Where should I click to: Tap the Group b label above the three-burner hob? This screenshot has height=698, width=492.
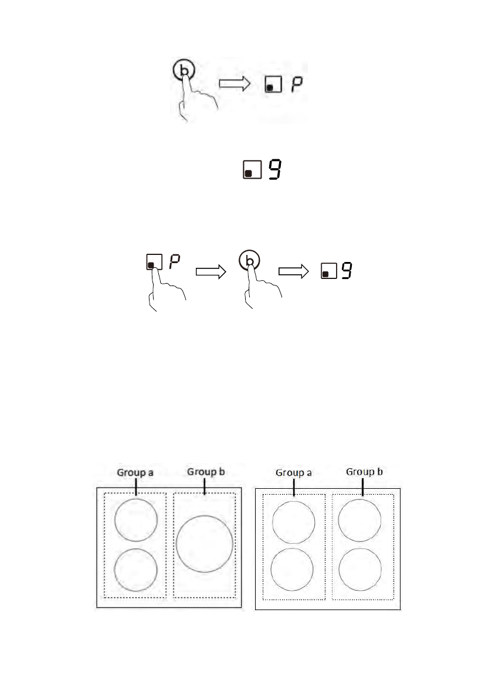(x=206, y=471)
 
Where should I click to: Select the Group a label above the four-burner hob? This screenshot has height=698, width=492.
(x=294, y=473)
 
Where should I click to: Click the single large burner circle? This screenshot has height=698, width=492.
(x=204, y=544)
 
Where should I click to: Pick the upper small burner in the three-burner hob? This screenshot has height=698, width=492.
(x=136, y=520)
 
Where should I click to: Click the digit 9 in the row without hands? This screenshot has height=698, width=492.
(x=276, y=170)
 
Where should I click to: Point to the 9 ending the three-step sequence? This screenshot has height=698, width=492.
(x=347, y=270)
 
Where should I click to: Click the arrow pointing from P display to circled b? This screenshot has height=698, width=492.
(x=210, y=271)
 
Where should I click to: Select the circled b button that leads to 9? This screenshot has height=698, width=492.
(x=250, y=261)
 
